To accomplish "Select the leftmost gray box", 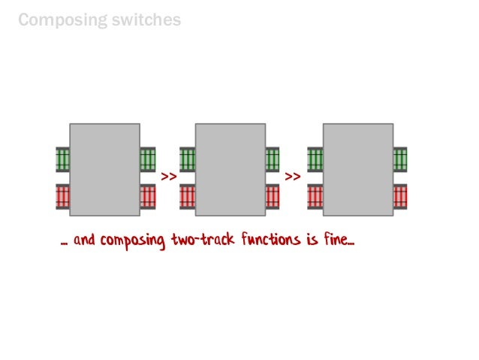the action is click(104, 170).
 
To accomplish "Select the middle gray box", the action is click(230, 170).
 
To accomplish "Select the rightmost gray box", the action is click(357, 170).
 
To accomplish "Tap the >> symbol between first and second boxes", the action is click(168, 177).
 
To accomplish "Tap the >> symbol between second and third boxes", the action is click(293, 177).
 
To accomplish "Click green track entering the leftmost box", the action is click(62, 159).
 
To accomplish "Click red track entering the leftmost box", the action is click(62, 196).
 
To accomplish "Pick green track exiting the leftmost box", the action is click(148, 159).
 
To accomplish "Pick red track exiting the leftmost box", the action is click(148, 196).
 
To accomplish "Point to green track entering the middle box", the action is click(187, 159).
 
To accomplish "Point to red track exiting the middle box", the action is click(273, 196).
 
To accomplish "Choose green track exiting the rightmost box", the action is click(400, 159).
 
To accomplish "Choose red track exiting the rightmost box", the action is click(400, 196).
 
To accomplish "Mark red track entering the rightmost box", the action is click(315, 196).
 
